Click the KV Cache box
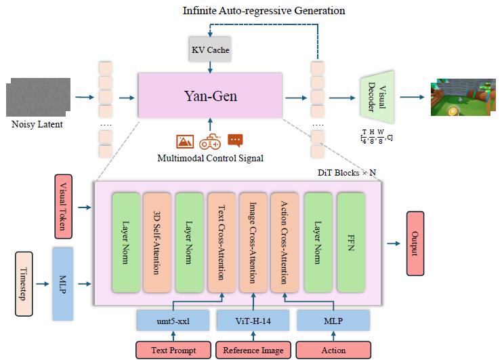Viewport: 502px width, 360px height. click(x=210, y=49)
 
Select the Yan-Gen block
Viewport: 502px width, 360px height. click(x=210, y=96)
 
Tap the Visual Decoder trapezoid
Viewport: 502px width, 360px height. click(x=377, y=97)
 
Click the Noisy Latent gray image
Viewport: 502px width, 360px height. click(x=38, y=97)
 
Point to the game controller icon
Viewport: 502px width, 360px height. click(x=210, y=142)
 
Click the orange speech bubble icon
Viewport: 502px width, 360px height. click(x=235, y=140)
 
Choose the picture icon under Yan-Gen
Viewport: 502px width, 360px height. click(x=185, y=141)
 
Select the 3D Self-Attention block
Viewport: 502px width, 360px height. click(x=157, y=243)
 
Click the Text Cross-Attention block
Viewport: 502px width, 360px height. click(x=222, y=243)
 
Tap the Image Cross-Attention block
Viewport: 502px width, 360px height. click(x=253, y=243)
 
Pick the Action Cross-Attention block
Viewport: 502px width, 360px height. click(x=285, y=243)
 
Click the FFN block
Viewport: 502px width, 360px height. click(x=351, y=243)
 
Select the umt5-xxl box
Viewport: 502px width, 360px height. click(x=173, y=320)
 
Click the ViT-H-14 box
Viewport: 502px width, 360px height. click(x=253, y=320)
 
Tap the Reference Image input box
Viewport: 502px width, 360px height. click(x=253, y=350)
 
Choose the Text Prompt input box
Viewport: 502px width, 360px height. click(x=173, y=350)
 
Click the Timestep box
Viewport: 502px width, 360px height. click(x=24, y=284)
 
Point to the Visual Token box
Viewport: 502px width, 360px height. click(x=64, y=207)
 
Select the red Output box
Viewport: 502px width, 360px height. click(x=415, y=243)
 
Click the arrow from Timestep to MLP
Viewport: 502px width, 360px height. click(x=43, y=284)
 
